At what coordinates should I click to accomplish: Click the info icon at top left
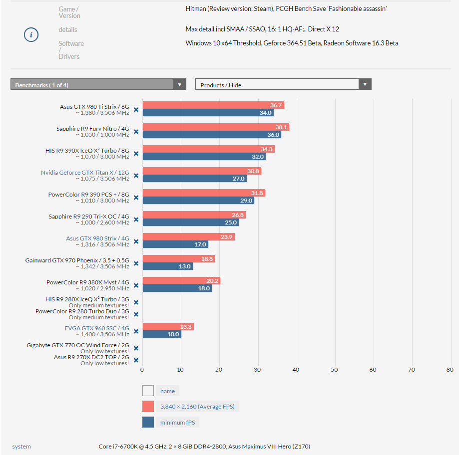(x=31, y=35)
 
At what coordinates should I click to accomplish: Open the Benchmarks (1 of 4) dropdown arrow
(x=180, y=85)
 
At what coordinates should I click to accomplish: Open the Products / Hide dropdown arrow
(x=365, y=85)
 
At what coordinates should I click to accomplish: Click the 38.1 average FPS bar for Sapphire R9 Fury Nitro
(x=215, y=127)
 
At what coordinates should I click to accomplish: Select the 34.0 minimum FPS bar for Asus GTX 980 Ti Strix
(x=208, y=113)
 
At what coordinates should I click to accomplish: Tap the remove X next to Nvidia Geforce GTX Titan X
(x=136, y=176)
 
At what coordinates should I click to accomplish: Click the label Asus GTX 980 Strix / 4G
(x=97, y=238)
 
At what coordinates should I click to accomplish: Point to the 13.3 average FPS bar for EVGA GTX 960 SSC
(x=167, y=327)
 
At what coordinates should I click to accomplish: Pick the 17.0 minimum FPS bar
(x=175, y=244)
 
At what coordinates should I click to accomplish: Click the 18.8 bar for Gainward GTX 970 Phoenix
(x=178, y=259)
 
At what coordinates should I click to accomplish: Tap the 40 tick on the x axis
(x=296, y=370)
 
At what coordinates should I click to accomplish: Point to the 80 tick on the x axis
(x=450, y=370)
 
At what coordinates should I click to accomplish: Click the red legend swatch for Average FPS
(x=148, y=407)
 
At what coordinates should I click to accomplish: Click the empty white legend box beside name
(x=148, y=391)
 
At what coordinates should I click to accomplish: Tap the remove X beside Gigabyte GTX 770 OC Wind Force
(x=136, y=348)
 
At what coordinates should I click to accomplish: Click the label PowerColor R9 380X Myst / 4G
(x=87, y=282)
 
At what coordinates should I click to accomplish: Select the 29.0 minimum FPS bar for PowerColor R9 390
(x=198, y=201)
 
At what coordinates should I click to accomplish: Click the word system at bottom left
(x=21, y=447)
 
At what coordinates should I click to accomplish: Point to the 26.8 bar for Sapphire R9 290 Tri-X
(x=194, y=215)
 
